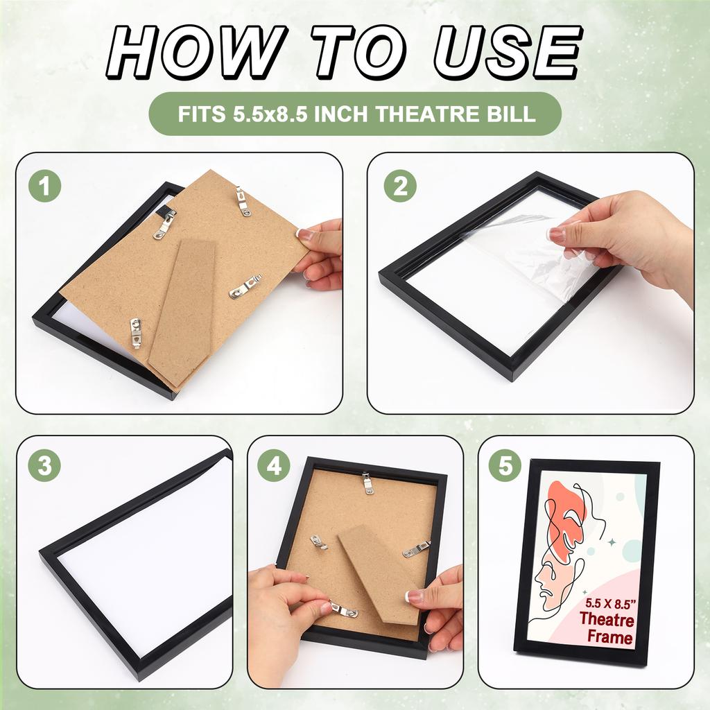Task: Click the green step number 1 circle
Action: [45, 186]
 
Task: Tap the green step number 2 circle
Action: [400, 186]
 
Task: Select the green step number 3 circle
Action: [45, 465]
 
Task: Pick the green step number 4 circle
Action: [275, 465]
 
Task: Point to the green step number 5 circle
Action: [505, 465]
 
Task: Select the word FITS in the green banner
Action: [202, 114]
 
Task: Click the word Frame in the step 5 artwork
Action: [609, 637]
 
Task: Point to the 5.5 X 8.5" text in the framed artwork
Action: [610, 603]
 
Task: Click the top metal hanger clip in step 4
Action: [368, 482]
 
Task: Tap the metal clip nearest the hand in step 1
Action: [246, 286]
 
